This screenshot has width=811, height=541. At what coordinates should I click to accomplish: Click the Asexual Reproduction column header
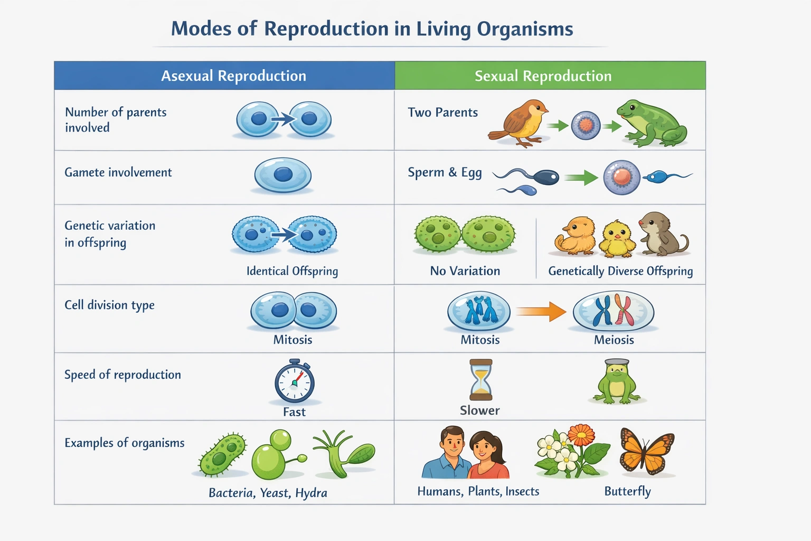pos(233,76)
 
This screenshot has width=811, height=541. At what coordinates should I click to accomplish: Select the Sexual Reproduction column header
pos(543,76)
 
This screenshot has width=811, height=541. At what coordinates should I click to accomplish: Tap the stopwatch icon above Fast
pos(295,382)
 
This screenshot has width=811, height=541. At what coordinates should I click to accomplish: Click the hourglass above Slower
pos(480,380)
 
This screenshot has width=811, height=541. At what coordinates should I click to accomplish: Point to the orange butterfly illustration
pos(647,452)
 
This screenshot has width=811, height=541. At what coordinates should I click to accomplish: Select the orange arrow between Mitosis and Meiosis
pos(541,311)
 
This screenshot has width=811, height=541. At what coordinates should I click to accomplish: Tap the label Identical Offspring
pos(292,271)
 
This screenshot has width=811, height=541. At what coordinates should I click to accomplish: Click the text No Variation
pos(465,271)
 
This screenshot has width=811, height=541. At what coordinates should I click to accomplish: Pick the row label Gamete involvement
pos(118,173)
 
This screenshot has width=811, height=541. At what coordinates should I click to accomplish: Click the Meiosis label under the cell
pos(614,340)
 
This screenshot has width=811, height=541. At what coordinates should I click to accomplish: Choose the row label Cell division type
pos(109,305)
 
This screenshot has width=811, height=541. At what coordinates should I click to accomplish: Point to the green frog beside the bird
pos(652,124)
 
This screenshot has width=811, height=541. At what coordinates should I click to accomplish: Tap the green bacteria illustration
pos(222,454)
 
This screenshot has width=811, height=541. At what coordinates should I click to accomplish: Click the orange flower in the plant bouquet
pos(581,435)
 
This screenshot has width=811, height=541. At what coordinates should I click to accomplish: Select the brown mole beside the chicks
pos(661,235)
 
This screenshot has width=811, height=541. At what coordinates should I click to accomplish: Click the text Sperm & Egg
pos(445,173)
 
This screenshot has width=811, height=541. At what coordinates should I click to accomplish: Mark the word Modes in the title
pos(201,29)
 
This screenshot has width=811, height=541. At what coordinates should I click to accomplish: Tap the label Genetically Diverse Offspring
pos(620,271)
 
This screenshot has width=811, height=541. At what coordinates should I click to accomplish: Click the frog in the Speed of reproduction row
pos(617,382)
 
